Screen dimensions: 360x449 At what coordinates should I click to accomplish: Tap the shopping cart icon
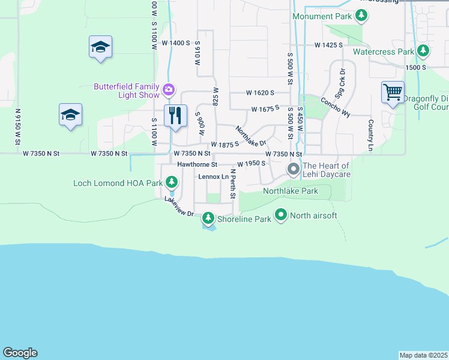coord(393,92)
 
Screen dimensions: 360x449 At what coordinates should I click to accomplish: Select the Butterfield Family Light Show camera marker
coord(169,90)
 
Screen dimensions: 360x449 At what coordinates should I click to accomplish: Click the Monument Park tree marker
coord(361,16)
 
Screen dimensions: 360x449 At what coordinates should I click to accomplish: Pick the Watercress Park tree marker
coord(423,52)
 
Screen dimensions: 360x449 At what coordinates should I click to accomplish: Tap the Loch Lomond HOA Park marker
coord(172,182)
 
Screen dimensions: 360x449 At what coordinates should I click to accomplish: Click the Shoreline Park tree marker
coord(208,218)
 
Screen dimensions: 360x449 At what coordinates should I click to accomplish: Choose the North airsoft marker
coord(281,214)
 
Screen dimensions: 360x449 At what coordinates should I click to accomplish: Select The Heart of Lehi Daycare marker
coord(294,169)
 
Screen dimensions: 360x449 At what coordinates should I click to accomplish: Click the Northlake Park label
coord(291,191)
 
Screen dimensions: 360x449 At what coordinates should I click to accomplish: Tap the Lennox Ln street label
coord(213,176)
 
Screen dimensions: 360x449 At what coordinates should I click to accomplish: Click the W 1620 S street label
coord(260,93)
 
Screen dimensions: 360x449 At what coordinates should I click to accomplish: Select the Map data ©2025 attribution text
coord(423,355)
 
